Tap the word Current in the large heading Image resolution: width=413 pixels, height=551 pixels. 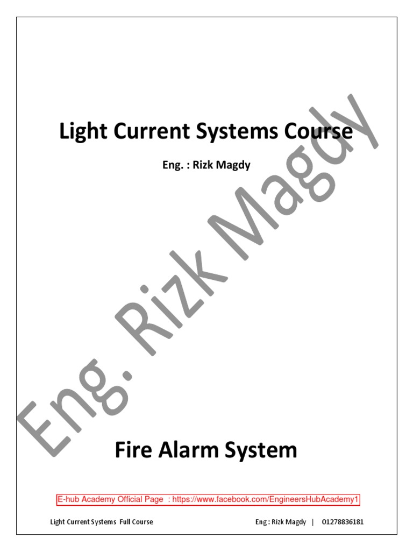click(x=145, y=132)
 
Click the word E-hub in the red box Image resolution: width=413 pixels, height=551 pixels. click(x=69, y=500)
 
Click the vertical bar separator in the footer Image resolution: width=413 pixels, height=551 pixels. click(x=312, y=522)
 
